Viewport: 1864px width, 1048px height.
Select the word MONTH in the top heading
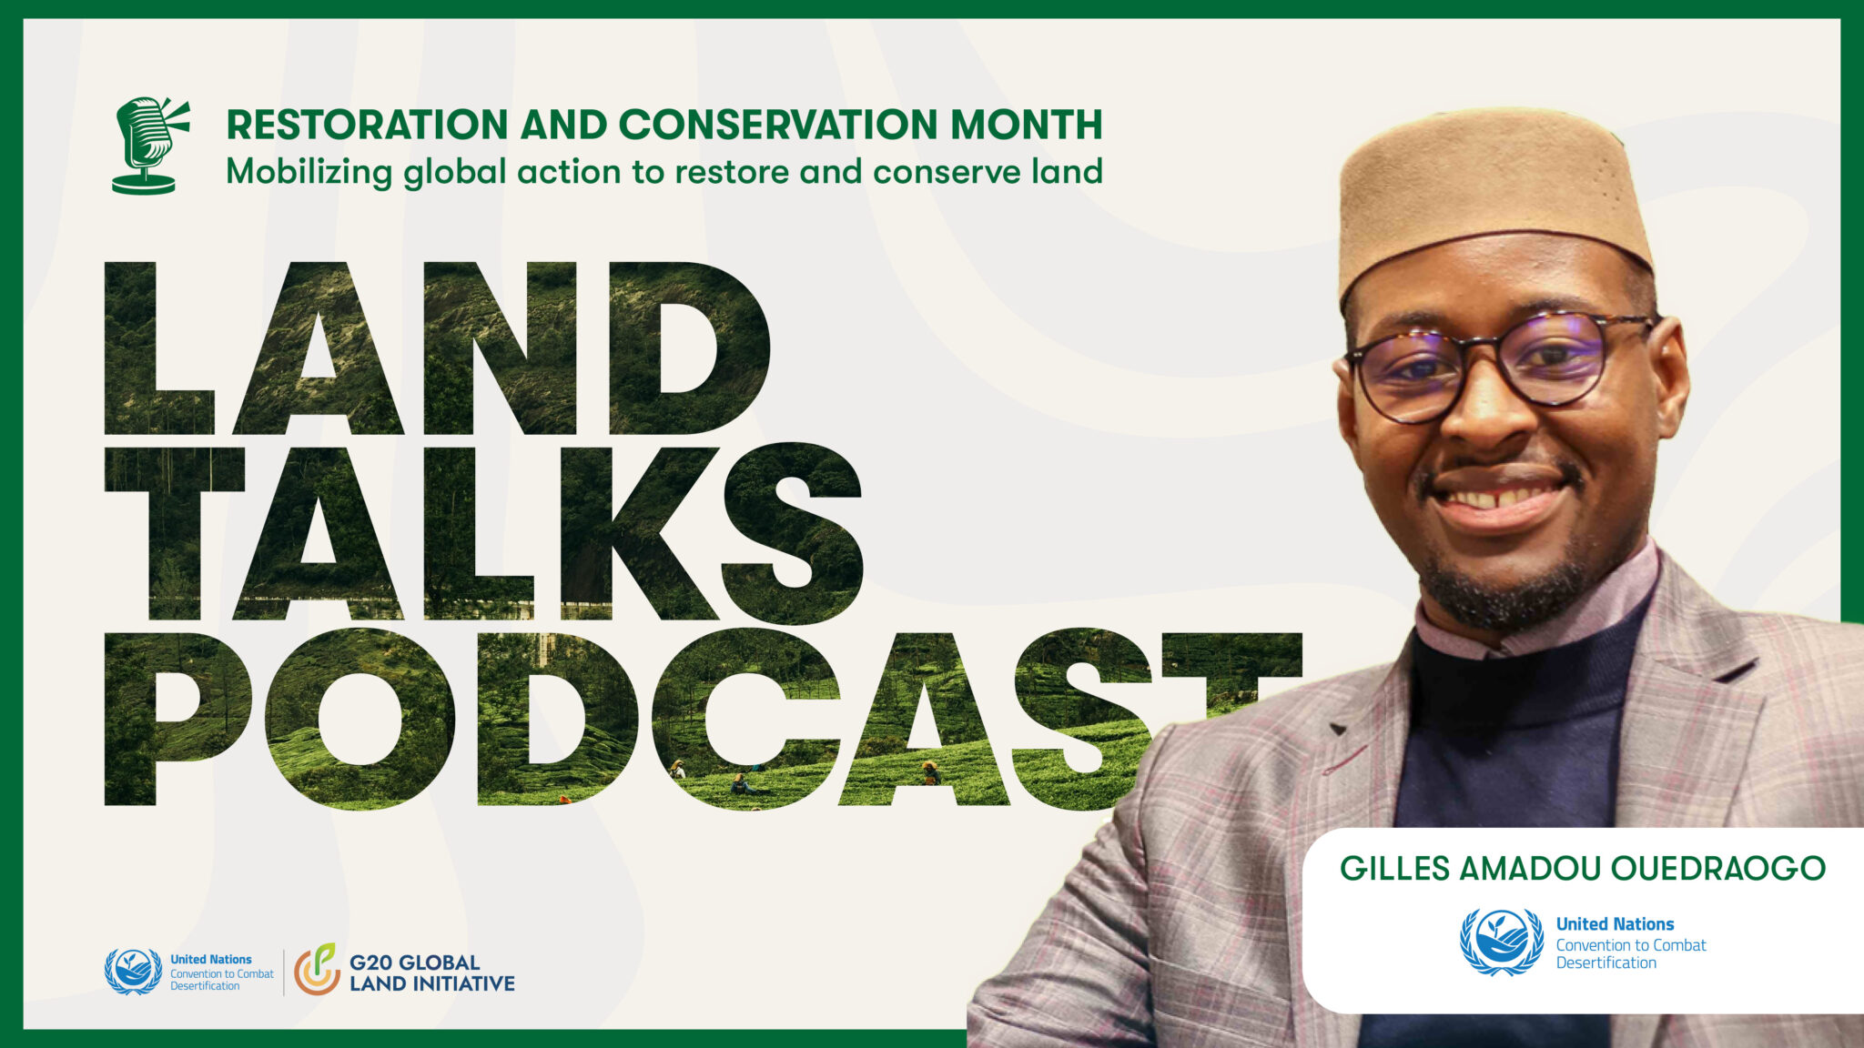[x=1026, y=125]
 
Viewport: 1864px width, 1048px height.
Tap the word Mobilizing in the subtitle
[x=309, y=172]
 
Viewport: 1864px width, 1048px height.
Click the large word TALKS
[x=482, y=533]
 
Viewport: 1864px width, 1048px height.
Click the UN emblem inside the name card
[x=1502, y=942]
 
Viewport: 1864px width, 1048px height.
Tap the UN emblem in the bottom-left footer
[x=134, y=972]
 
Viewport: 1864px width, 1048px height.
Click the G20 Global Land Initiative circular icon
[x=317, y=970]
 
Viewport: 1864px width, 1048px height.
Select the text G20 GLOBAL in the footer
[x=414, y=962]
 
